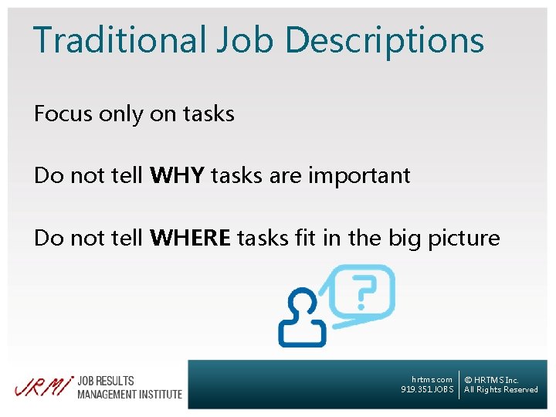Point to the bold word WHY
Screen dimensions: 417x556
(178, 175)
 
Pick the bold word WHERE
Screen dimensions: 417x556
(191, 237)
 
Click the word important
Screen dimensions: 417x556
(359, 176)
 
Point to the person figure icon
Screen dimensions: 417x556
(303, 319)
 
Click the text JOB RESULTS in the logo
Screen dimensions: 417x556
(106, 381)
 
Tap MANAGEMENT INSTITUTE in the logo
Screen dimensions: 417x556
(129, 394)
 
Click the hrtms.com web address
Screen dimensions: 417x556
(432, 379)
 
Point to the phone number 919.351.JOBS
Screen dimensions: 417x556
(427, 389)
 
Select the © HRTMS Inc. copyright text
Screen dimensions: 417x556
(491, 379)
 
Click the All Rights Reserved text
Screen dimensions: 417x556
(500, 389)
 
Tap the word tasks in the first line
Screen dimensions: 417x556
(208, 114)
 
